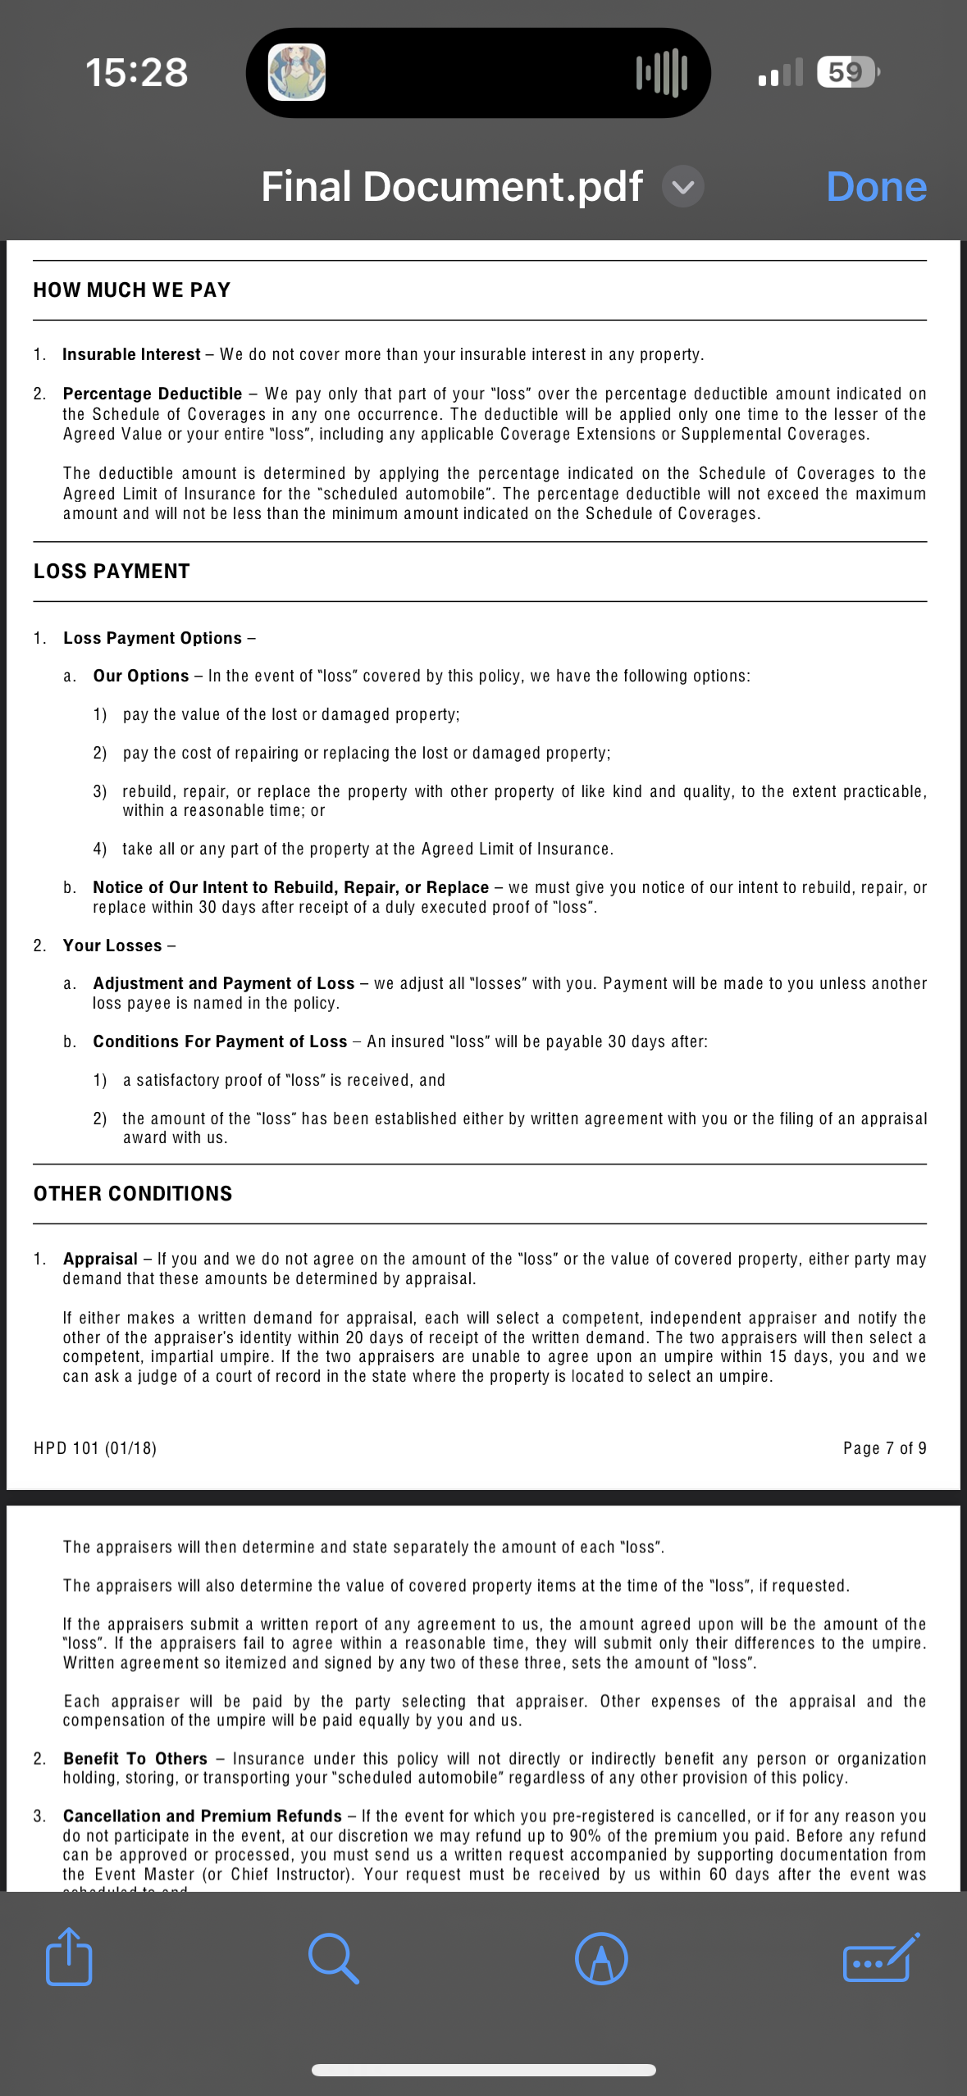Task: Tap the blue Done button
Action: pyautogui.click(x=876, y=187)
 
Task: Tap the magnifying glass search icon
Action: pyautogui.click(x=333, y=1958)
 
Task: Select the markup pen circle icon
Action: pyautogui.click(x=601, y=1958)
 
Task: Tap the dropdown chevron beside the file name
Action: pyautogui.click(x=683, y=187)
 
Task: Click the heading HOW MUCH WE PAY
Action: pyautogui.click(x=132, y=290)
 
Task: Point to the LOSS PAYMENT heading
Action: pyautogui.click(x=112, y=572)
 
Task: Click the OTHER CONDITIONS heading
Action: pyautogui.click(x=133, y=1194)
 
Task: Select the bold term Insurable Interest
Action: pyautogui.click(x=131, y=355)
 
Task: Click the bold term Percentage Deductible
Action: pyautogui.click(x=153, y=394)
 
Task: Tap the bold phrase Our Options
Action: pyautogui.click(x=141, y=677)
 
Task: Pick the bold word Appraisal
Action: pyautogui.click(x=100, y=1260)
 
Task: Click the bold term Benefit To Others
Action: pyautogui.click(x=135, y=1759)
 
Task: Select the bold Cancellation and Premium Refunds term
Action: pyautogui.click(x=203, y=1816)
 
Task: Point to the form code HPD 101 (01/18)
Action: pyautogui.click(x=95, y=1448)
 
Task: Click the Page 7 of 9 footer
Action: pyautogui.click(x=884, y=1448)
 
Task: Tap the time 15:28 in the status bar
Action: pyautogui.click(x=137, y=72)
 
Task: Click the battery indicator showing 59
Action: pyautogui.click(x=846, y=72)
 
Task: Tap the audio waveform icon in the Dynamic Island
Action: pyautogui.click(x=661, y=72)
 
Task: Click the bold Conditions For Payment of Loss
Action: pyautogui.click(x=220, y=1042)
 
